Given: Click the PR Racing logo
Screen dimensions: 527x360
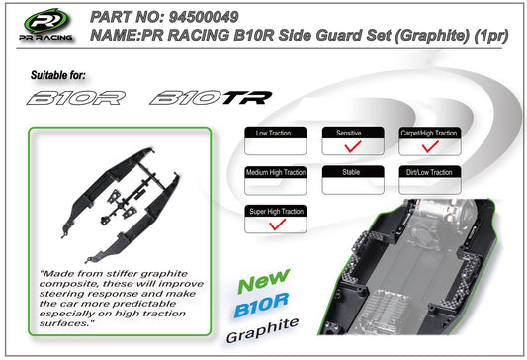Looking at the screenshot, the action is click(46, 25).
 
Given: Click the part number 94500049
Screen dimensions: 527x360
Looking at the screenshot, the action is click(204, 17).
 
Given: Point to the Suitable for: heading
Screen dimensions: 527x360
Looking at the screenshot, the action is click(57, 75).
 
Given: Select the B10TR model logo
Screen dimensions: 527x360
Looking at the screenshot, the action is click(211, 98).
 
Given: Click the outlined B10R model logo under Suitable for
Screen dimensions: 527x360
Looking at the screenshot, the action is click(76, 98).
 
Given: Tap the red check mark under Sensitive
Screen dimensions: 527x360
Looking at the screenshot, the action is click(353, 146).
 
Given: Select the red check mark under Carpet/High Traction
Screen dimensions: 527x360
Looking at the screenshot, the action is click(430, 146).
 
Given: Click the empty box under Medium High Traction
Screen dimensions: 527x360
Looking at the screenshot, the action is click(276, 186).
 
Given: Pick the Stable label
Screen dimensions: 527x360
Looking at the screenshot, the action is click(351, 172).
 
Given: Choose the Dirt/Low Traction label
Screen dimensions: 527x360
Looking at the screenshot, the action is click(429, 172).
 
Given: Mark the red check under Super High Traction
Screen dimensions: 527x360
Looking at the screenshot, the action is click(277, 225).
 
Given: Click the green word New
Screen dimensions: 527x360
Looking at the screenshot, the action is click(263, 281).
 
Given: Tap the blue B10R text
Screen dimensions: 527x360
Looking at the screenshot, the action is click(261, 306).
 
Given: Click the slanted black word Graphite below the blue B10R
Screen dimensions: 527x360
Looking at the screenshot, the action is click(262, 330).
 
